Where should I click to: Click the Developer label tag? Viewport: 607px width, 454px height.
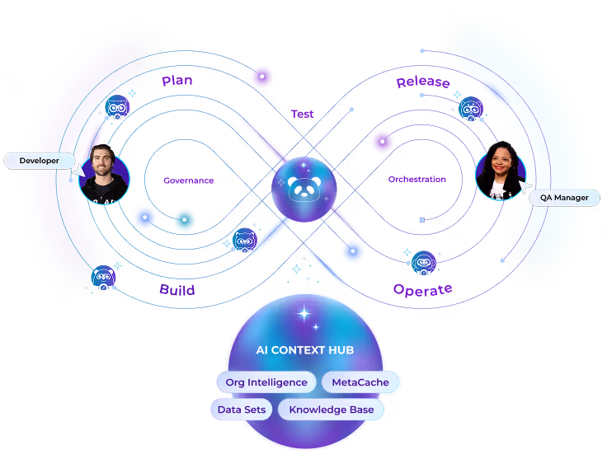point(39,161)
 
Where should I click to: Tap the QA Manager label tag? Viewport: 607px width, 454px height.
point(564,198)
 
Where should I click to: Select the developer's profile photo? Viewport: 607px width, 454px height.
point(105,176)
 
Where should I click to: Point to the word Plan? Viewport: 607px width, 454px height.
point(178,81)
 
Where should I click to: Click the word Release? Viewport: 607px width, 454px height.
point(422,82)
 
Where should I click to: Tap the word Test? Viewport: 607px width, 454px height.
point(302,114)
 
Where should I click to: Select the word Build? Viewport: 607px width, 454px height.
point(177,290)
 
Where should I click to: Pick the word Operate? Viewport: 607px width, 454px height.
point(422,290)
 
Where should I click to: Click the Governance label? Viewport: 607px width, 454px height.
point(188,180)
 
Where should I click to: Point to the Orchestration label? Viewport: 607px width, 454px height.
point(417,180)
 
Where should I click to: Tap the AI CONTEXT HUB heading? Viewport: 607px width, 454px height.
point(304,350)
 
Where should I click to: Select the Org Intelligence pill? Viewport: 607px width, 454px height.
point(266,382)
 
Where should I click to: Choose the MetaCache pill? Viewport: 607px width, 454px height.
point(360,382)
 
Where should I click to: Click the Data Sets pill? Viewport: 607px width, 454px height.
point(241,410)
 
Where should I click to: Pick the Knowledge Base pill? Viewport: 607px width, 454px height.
point(331,410)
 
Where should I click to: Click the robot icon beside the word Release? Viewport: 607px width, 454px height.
point(471,108)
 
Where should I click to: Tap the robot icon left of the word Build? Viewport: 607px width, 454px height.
point(102,278)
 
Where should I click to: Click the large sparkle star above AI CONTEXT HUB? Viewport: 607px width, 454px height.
point(304,314)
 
